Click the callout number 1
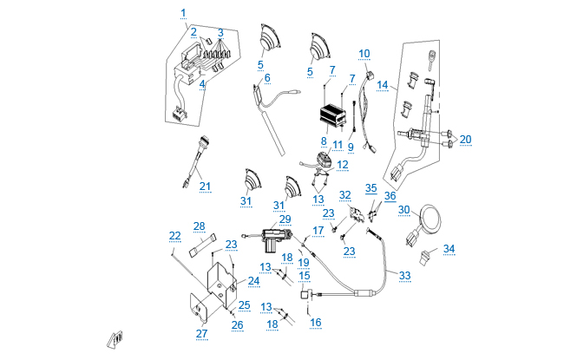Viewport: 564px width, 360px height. (183, 12)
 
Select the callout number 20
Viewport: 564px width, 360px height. (466, 139)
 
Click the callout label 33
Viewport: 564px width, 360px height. (404, 276)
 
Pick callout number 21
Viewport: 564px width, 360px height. (205, 186)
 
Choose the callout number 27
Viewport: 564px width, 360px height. (202, 334)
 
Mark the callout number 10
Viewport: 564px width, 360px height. (364, 53)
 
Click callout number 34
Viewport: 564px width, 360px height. (449, 249)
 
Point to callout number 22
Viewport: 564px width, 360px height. (175, 235)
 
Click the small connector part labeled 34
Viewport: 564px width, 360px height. (427, 256)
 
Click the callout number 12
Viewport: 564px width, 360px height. (343, 162)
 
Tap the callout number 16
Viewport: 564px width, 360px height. (316, 322)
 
